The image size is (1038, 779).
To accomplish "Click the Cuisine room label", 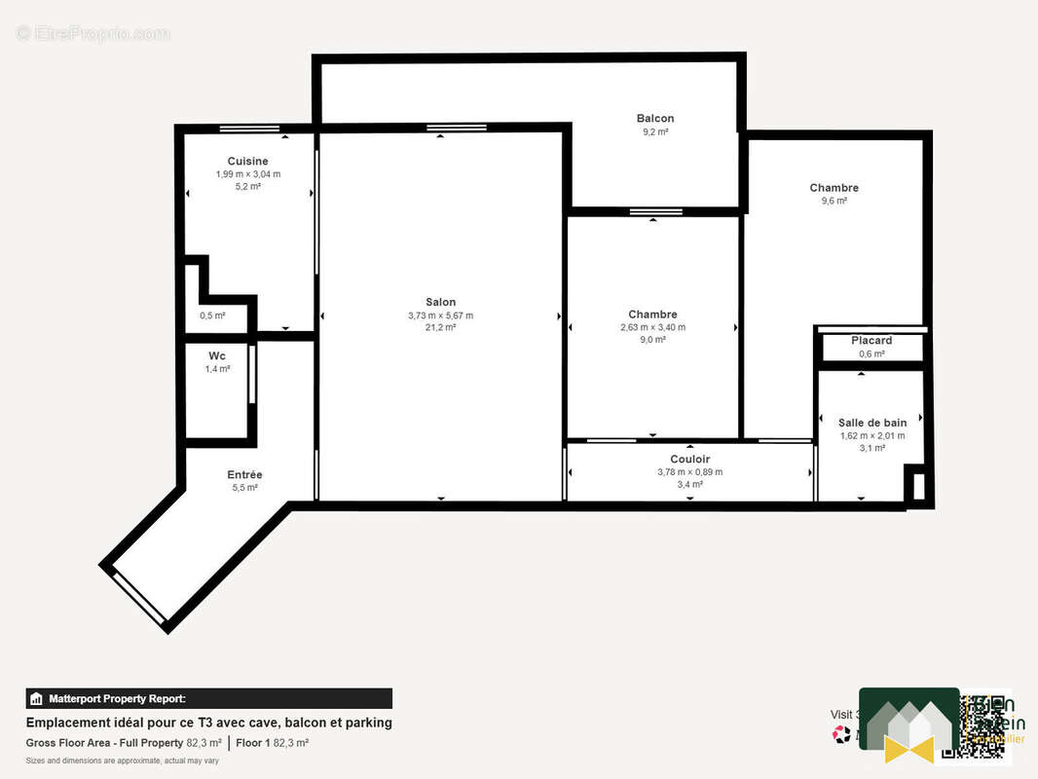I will point(247,161).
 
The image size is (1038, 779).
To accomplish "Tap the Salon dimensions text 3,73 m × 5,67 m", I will point(440,315).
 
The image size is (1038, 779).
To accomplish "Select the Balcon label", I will point(654,119).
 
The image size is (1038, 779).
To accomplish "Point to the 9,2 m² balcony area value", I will point(654,131).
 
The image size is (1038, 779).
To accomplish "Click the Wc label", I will point(217,356).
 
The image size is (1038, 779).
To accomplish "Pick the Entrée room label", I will point(244,475).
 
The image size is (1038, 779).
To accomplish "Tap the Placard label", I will point(871,341).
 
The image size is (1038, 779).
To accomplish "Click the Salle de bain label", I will point(871,423).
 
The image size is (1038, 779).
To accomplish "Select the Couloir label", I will point(689,460).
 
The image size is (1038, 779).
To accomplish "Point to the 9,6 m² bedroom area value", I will point(834,201).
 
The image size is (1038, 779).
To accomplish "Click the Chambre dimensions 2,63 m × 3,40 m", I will point(652,327).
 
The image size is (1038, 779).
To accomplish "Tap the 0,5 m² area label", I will point(212,315).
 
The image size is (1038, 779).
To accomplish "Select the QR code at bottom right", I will point(985,726).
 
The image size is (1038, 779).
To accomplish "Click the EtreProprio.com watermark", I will point(93,34).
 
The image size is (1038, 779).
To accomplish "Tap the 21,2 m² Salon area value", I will point(440,328).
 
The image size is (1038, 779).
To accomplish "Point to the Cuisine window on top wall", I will point(249,129).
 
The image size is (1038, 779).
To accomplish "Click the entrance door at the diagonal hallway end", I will point(138,597).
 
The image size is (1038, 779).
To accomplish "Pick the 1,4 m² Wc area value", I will point(217,369).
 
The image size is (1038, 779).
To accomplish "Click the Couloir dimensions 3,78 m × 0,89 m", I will point(689,472).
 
